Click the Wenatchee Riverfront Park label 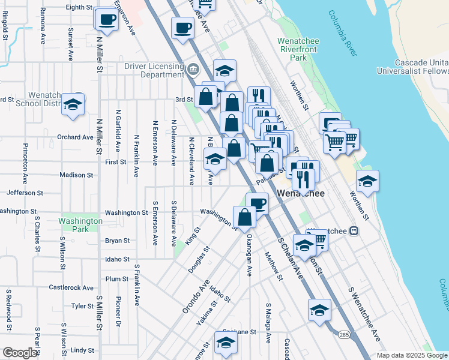pyautogui.click(x=292, y=49)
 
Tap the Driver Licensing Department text pyautogui.click(x=154, y=70)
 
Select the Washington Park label pyautogui.click(x=80, y=225)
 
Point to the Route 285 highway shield pyautogui.click(x=343, y=334)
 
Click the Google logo pyautogui.click(x=20, y=353)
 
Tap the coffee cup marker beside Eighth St pyautogui.click(x=107, y=19)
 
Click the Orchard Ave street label pyautogui.click(x=75, y=137)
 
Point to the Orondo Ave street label pyautogui.click(x=196, y=298)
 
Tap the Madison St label pyautogui.click(x=76, y=175)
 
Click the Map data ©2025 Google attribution pyautogui.click(x=412, y=355)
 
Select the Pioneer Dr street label pyautogui.click(x=118, y=311)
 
